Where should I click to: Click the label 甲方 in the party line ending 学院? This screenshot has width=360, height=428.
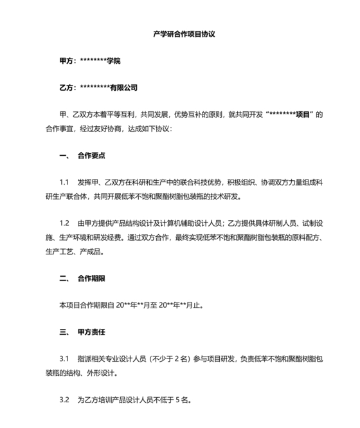(66, 60)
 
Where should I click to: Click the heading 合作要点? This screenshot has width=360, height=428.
(91, 156)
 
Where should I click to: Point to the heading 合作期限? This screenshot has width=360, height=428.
(91, 279)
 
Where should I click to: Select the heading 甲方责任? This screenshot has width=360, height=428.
(91, 333)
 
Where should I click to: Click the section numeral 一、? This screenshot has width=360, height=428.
(64, 156)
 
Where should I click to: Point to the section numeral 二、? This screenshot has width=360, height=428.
(64, 279)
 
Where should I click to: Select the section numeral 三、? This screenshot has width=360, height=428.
(64, 333)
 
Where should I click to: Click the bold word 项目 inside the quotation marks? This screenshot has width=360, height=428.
(301, 115)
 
